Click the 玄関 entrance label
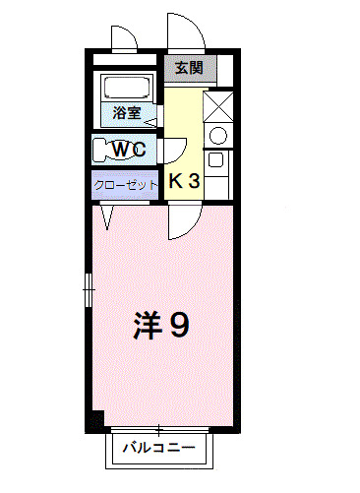click(x=189, y=68)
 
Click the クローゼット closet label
click(x=126, y=184)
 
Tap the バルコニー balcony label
click(x=158, y=449)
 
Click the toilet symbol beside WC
click(x=102, y=150)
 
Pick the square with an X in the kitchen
click(x=218, y=104)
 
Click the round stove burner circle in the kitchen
click(x=218, y=135)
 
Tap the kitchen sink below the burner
click(x=217, y=165)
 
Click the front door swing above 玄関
click(x=187, y=35)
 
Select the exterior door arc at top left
click(x=122, y=40)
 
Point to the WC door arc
click(x=173, y=151)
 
